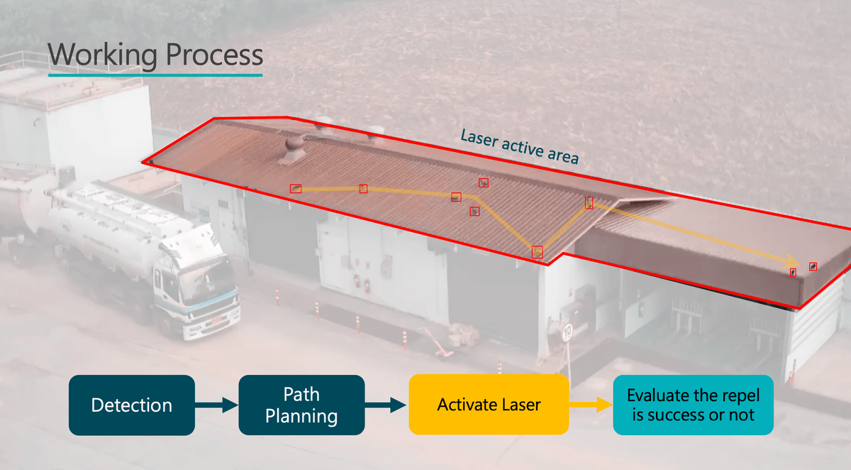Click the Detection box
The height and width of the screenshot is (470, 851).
tap(131, 405)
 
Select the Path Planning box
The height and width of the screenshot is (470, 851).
tap(301, 405)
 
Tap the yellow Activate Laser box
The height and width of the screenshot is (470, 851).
tap(489, 405)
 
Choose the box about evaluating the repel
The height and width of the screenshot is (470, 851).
tap(693, 405)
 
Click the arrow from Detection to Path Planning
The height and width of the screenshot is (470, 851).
tap(216, 405)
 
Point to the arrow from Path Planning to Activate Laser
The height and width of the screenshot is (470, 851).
tap(386, 405)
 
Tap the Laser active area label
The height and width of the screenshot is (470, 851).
tap(519, 146)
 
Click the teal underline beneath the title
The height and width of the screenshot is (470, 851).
tap(155, 75)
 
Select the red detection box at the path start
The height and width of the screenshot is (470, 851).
tap(296, 188)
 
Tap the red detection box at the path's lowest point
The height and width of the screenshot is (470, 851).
tap(537, 251)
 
